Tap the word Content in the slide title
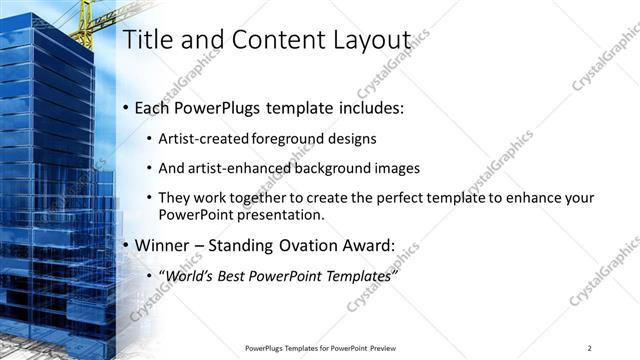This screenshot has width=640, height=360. pyautogui.click(x=276, y=39)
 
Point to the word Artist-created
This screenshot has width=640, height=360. pyautogui.click(x=191, y=139)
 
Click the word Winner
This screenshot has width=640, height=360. pyautogui.click(x=161, y=245)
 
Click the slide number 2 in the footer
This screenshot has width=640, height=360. pyautogui.click(x=590, y=347)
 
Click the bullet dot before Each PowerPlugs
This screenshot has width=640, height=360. pyautogui.click(x=125, y=108)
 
